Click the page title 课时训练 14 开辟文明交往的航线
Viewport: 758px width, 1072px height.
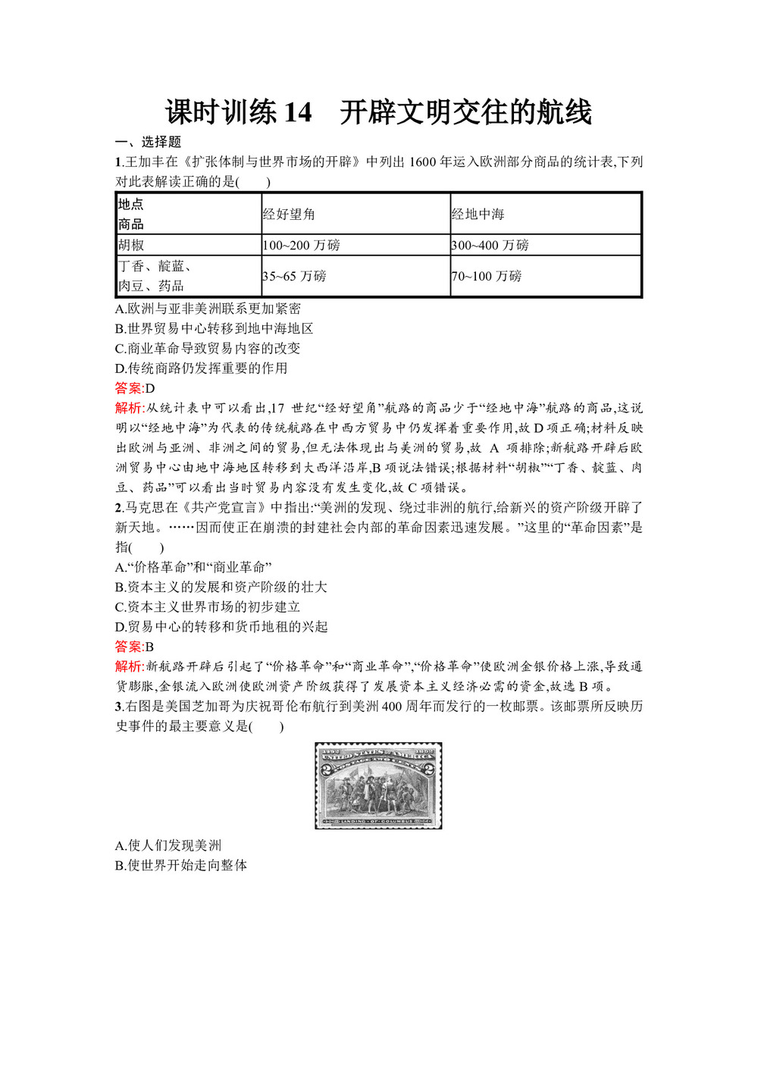point(378,112)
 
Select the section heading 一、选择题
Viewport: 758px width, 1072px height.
point(148,142)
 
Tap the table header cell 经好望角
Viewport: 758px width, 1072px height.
point(289,215)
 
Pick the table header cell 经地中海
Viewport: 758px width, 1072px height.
point(478,215)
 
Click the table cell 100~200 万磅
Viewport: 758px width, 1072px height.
point(301,246)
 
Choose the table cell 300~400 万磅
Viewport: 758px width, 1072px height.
point(490,246)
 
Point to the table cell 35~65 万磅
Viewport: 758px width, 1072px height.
point(294,276)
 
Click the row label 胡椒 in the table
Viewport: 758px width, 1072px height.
point(131,246)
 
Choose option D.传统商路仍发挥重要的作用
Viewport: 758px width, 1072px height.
point(201,368)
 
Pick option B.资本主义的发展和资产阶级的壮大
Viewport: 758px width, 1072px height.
point(221,587)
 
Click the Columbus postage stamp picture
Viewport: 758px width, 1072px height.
point(378,785)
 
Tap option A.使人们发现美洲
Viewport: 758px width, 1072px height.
point(168,845)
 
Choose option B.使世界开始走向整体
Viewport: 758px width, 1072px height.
point(181,865)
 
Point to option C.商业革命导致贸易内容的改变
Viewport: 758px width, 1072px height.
point(208,349)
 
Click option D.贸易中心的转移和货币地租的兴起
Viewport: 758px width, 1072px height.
point(221,626)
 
